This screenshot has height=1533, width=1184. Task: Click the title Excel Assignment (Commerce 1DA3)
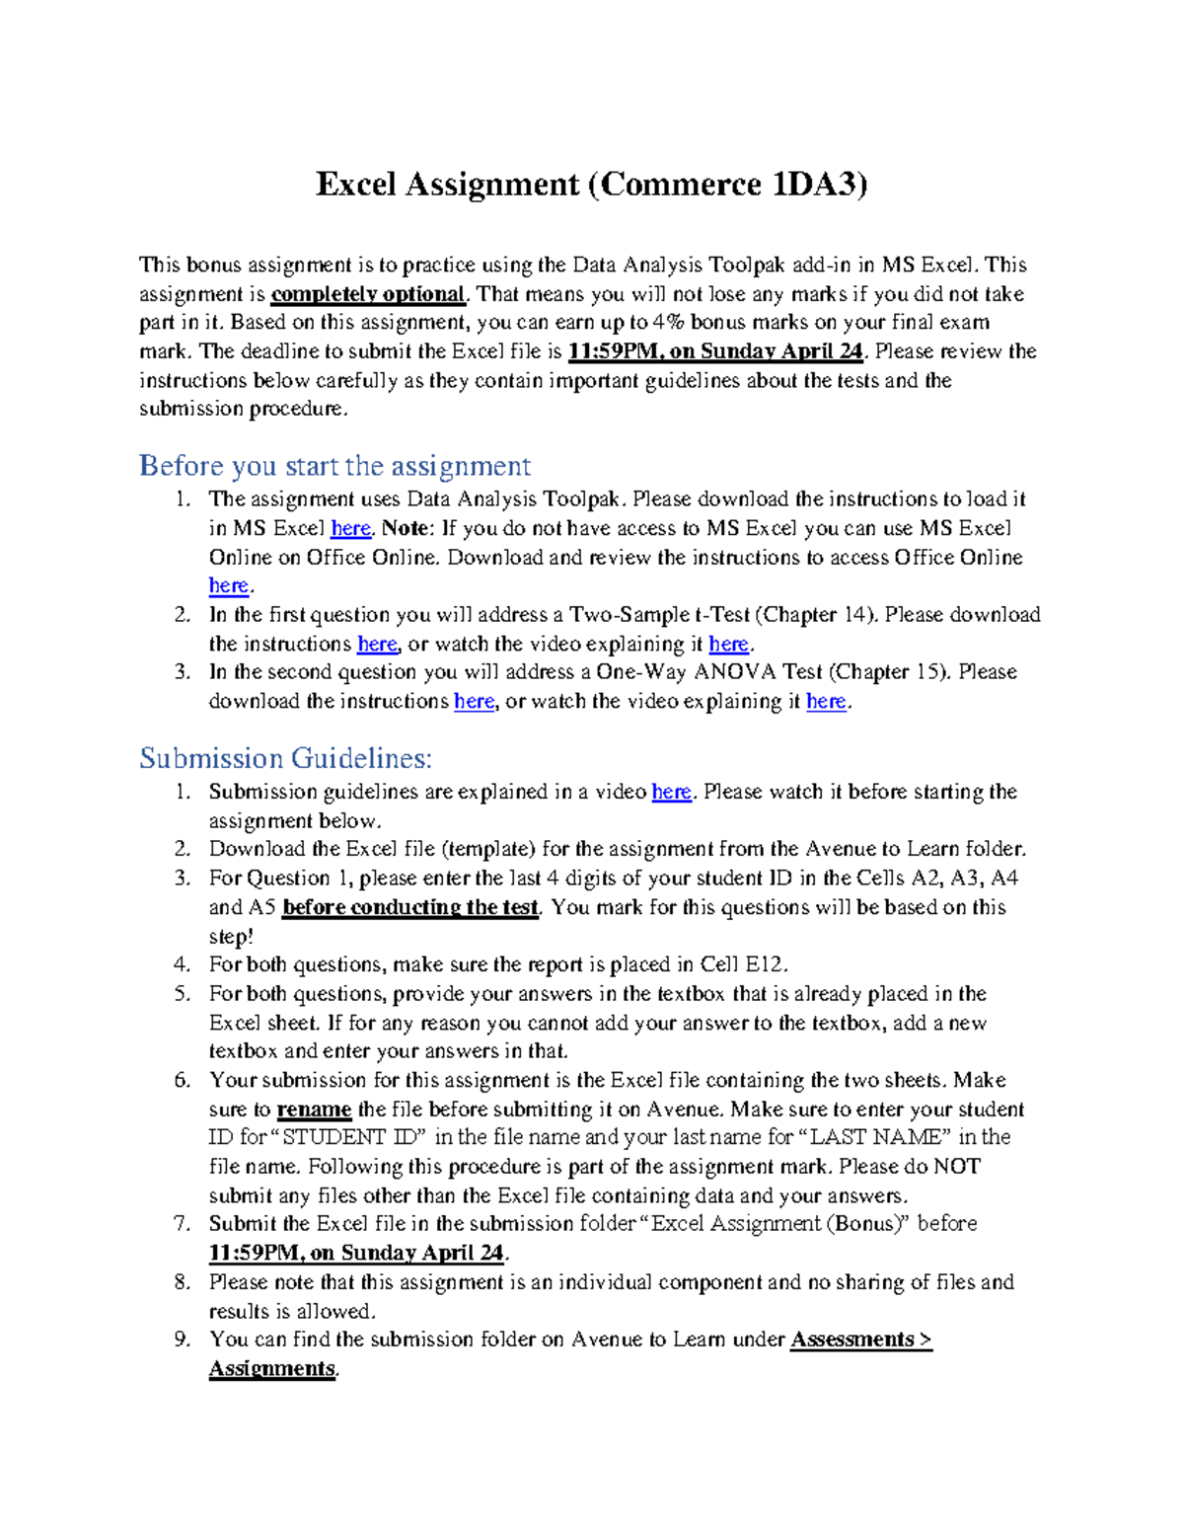(591, 185)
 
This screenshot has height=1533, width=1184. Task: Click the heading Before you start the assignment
(334, 466)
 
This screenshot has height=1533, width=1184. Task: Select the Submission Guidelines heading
(285, 758)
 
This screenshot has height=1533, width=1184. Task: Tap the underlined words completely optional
(367, 294)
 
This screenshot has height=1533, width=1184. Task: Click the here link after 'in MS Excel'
(350, 529)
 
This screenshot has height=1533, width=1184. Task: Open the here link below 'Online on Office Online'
(228, 586)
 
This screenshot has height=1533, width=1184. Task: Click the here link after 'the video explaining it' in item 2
(728, 645)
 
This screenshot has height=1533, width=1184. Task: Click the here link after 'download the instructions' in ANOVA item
(474, 702)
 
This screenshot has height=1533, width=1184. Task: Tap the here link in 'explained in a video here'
(671, 793)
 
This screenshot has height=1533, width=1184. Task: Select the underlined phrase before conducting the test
(410, 908)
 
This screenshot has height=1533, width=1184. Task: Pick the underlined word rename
(314, 1110)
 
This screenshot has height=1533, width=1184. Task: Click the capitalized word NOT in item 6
(956, 1167)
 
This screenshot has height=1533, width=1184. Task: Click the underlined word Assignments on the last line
(271, 1369)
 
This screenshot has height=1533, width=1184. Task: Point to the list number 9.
(182, 1341)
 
